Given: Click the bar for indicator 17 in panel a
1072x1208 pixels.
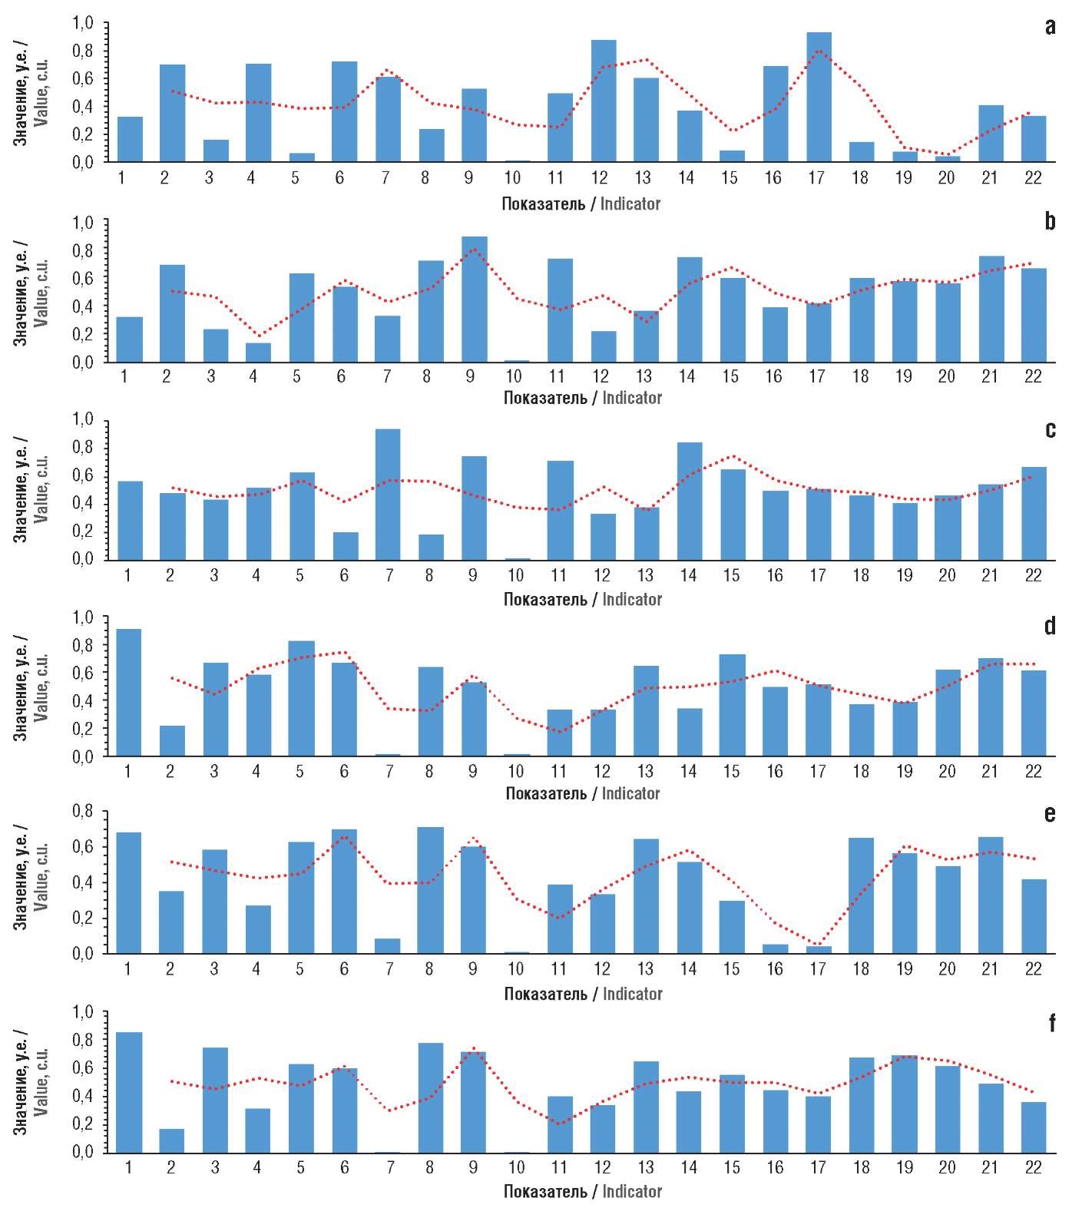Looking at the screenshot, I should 819,98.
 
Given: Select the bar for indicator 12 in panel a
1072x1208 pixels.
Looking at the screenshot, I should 604,101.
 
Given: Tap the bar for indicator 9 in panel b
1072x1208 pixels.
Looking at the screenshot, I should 475,300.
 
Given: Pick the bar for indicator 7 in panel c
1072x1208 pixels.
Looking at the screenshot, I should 388,495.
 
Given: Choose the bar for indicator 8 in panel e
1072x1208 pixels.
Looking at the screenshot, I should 431,891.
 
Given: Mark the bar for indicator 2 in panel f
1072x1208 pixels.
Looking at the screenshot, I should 172,1140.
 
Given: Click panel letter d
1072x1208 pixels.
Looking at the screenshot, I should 1050,626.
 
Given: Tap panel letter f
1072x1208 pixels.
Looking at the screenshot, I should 1051,1023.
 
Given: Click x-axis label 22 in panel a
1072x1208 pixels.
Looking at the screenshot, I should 1033,178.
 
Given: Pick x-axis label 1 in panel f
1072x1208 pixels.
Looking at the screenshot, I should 128,1168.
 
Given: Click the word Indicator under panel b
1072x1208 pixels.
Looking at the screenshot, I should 631,398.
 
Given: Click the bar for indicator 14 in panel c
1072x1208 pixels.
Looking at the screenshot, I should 690,501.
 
